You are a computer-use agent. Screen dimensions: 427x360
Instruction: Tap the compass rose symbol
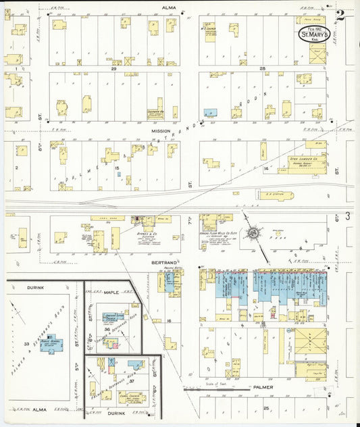click(x=255, y=233)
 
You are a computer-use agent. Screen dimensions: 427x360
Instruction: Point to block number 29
click(x=114, y=68)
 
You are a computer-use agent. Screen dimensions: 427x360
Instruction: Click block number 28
click(x=261, y=68)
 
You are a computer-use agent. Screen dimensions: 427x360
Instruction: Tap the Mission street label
click(x=161, y=130)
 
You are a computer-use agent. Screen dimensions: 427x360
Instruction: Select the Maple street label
click(x=111, y=292)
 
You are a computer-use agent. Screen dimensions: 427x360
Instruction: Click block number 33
click(x=27, y=344)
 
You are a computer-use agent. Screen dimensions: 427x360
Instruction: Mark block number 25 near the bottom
click(x=266, y=409)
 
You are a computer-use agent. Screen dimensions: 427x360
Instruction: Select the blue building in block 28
click(x=210, y=112)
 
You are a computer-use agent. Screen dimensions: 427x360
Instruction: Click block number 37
click(x=132, y=381)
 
